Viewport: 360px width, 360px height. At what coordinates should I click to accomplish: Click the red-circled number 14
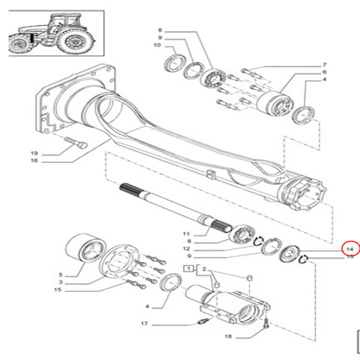349,248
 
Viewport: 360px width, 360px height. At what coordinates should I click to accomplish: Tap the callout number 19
34,153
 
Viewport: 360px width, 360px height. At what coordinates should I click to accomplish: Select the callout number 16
34,161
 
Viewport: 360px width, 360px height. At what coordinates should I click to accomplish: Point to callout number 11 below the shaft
186,233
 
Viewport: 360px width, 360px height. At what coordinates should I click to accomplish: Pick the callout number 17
143,324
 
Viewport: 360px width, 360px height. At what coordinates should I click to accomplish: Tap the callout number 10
157,46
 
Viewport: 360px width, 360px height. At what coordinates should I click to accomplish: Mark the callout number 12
186,249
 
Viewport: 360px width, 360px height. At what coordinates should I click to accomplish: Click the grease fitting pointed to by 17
203,322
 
